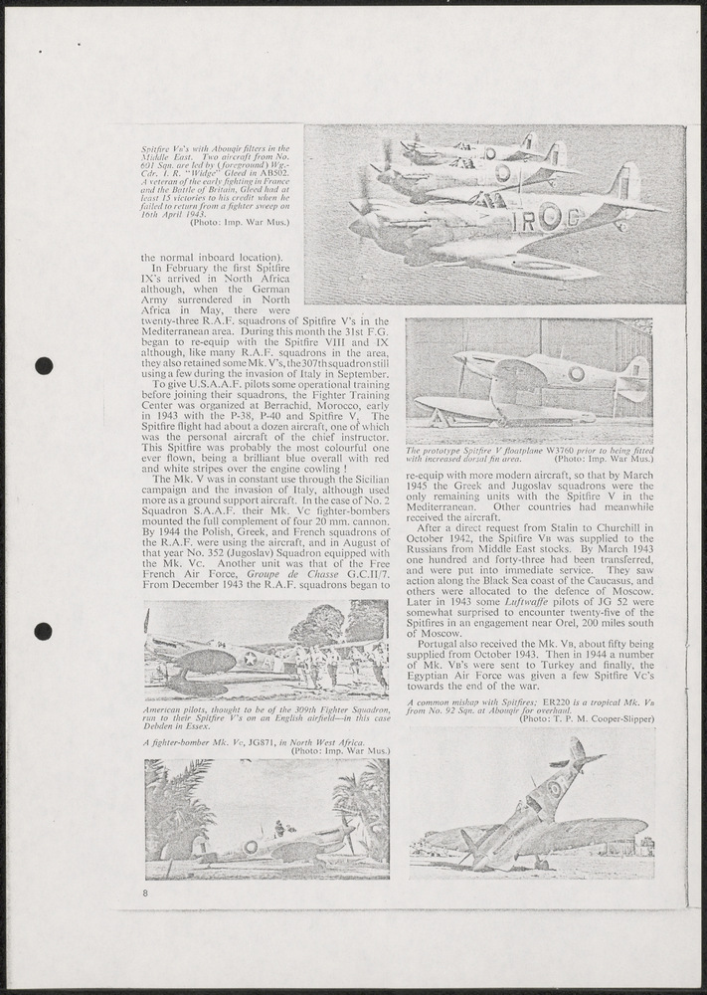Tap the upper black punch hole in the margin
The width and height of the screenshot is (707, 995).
tap(44, 365)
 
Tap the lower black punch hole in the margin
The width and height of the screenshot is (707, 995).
tap(44, 631)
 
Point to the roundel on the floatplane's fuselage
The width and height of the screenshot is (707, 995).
tap(576, 373)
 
